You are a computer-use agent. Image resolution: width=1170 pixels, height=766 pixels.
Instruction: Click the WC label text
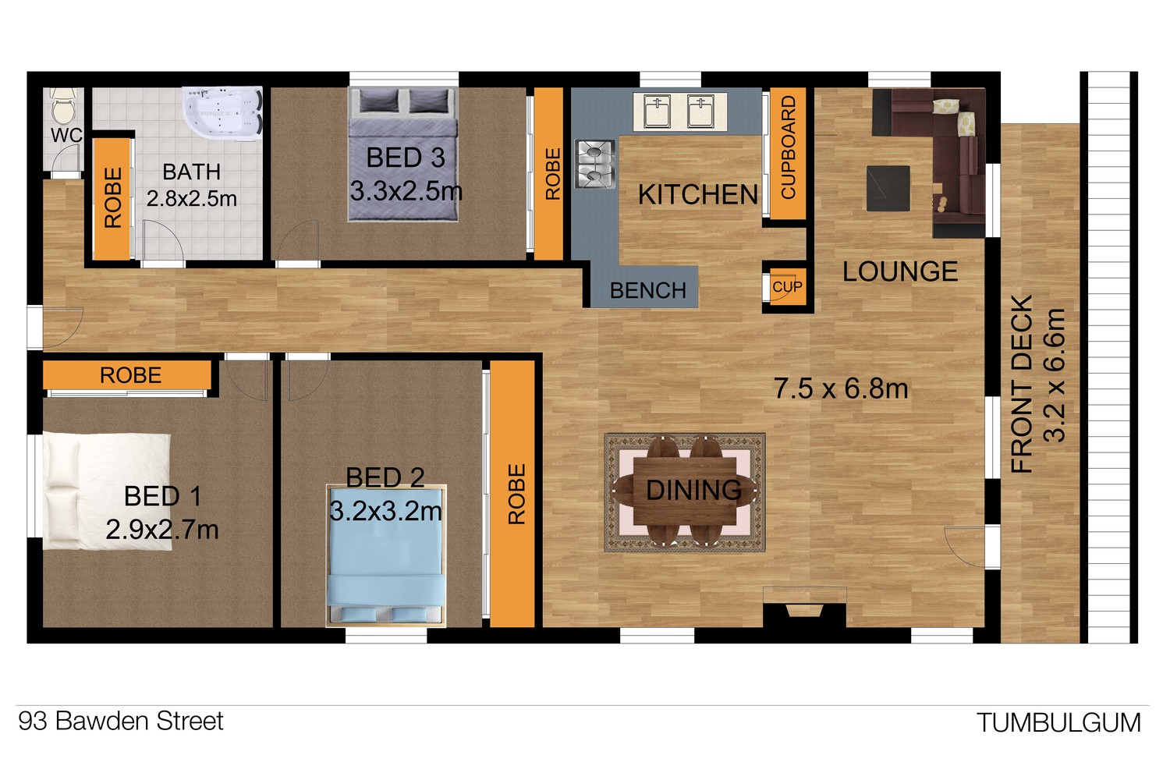coord(66,135)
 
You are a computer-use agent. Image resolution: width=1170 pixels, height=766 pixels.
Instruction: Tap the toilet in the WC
coord(63,106)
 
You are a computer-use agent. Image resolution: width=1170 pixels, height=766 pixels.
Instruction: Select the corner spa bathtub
coord(222,112)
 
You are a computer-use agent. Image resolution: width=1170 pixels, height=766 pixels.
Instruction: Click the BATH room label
coord(191,172)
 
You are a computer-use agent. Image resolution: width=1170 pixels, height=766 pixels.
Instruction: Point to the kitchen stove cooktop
coord(595,164)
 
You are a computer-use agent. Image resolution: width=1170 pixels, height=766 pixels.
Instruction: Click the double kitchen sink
coord(679,112)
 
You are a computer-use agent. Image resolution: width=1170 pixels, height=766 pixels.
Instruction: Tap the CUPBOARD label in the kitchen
coord(788,147)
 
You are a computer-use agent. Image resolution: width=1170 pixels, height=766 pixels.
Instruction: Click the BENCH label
coord(647,290)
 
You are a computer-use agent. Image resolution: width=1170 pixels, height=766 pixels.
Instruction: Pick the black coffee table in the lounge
coord(888,189)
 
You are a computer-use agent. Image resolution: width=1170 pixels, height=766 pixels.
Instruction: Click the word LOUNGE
coord(900,271)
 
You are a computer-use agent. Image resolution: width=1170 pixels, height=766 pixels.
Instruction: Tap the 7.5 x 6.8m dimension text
coord(840,388)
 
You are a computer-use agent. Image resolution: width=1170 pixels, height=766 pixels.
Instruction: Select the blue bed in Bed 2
coord(385,555)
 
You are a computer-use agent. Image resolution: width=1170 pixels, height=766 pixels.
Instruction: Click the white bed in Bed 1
coord(107,491)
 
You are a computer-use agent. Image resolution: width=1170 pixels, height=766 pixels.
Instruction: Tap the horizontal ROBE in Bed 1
coord(130,375)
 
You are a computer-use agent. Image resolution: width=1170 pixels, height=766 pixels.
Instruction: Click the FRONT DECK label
coord(1022,385)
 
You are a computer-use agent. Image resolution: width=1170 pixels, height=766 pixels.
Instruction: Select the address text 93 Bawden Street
coord(121,721)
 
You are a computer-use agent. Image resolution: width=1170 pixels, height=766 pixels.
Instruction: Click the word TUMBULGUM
coord(1058,723)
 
